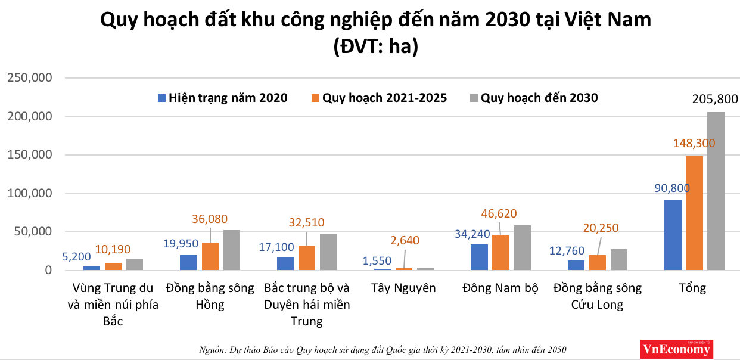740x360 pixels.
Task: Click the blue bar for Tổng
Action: pos(673,235)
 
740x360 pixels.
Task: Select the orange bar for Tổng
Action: pos(694,213)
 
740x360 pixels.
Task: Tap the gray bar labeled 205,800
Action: pos(716,191)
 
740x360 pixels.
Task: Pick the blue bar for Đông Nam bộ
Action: pos(479,257)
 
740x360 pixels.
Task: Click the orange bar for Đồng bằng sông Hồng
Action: pos(210,256)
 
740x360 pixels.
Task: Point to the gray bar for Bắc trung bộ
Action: pos(328,252)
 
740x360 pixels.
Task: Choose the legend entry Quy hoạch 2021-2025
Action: pos(378,98)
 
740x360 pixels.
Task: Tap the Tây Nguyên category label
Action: pos(403,288)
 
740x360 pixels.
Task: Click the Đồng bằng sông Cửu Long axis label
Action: pos(597,296)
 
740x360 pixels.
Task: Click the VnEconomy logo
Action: pos(676,349)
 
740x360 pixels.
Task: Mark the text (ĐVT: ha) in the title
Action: pos(375,46)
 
